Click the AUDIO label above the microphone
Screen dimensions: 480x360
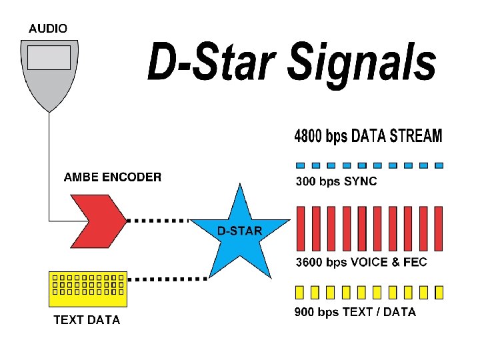[47, 29]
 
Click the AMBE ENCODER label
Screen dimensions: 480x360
[112, 177]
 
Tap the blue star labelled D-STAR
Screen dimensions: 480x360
[240, 233]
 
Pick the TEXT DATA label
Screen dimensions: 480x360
[87, 320]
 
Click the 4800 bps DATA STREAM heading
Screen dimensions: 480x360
[368, 137]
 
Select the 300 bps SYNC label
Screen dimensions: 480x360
[336, 181]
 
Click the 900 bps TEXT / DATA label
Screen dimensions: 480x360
[355, 312]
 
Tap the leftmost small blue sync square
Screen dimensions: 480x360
[300, 165]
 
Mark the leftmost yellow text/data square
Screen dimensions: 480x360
[300, 292]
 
